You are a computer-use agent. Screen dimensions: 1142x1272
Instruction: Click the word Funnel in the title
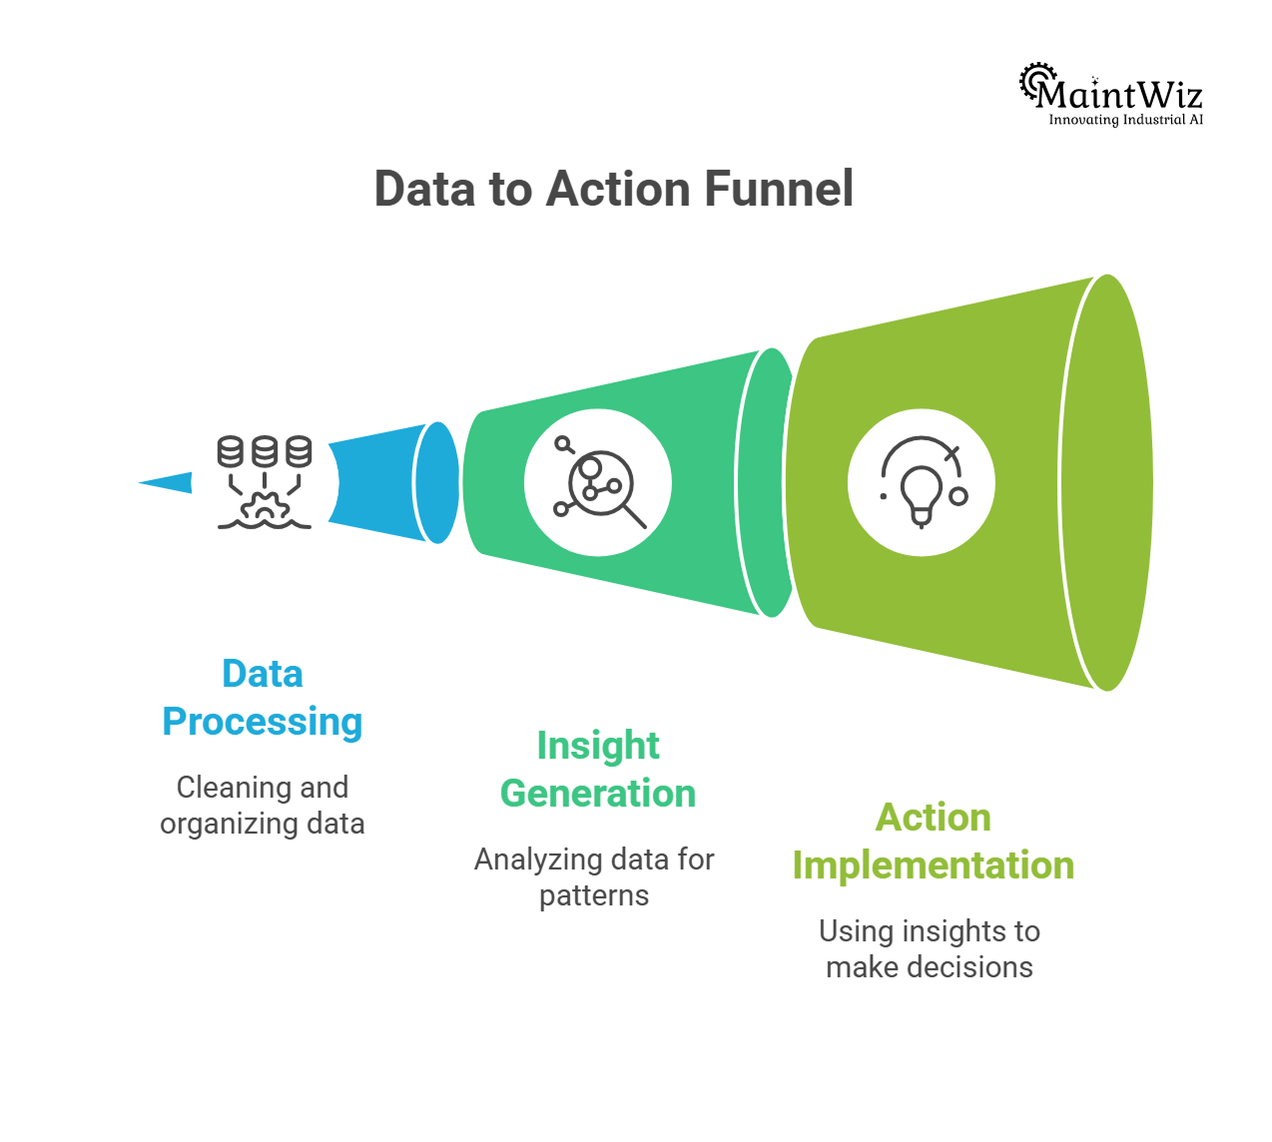[779, 189]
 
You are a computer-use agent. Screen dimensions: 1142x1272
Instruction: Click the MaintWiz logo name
[1118, 94]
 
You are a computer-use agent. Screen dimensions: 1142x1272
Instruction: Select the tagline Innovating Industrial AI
[1125, 120]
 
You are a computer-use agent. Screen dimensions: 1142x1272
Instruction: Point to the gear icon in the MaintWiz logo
[1034, 80]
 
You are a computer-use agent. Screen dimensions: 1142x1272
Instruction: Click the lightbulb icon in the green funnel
[921, 483]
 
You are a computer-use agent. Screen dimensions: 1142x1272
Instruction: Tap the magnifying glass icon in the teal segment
[599, 484]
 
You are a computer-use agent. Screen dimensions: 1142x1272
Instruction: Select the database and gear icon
[265, 482]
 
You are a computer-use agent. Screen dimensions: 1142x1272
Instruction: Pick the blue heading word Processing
[263, 722]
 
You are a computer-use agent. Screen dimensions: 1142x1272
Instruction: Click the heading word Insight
[598, 746]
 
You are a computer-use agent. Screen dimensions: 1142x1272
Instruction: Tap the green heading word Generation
[598, 794]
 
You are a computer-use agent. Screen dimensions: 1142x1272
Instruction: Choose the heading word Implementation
[934, 865]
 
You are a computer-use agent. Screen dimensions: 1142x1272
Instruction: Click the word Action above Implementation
[934, 818]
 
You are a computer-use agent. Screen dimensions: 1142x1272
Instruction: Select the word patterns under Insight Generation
[594, 895]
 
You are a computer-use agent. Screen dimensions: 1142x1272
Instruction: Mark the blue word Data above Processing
[263, 674]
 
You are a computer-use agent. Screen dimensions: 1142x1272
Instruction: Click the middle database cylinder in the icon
[265, 452]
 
